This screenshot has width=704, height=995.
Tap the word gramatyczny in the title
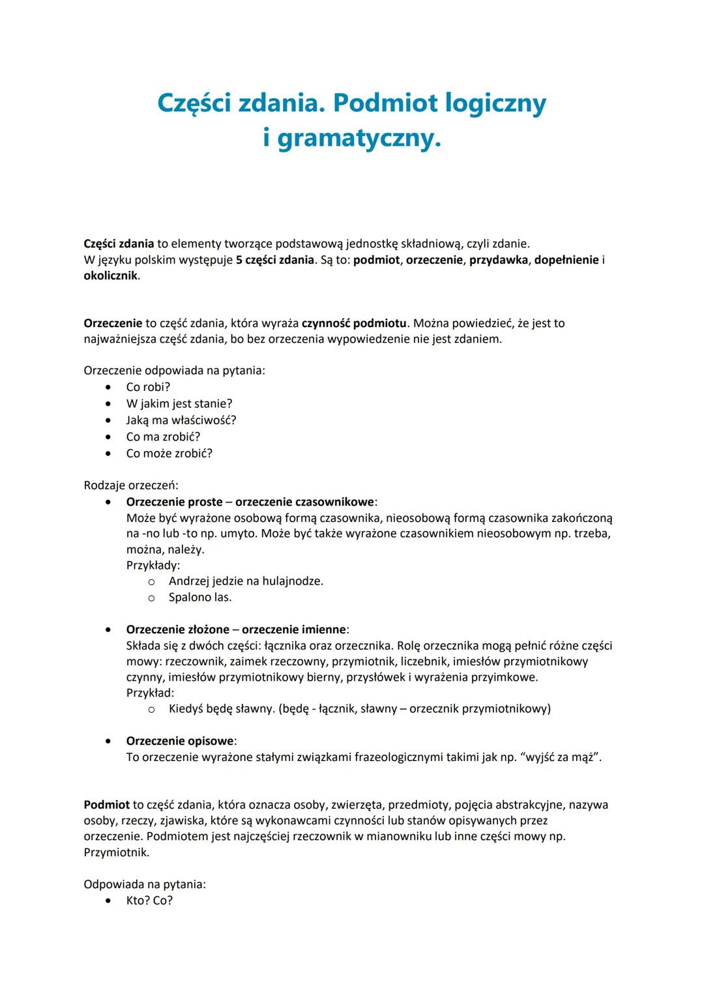pyautogui.click(x=359, y=139)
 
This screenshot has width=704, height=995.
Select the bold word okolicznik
pyautogui.click(x=111, y=276)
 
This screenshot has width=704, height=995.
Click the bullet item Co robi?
pyautogui.click(x=148, y=387)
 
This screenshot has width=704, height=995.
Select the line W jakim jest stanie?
pyautogui.click(x=179, y=403)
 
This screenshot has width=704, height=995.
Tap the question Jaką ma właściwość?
pyautogui.click(x=181, y=420)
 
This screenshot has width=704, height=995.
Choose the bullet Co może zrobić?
pyautogui.click(x=169, y=454)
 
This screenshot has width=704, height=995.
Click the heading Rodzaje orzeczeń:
pyautogui.click(x=130, y=485)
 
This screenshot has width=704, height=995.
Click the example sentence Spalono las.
pyautogui.click(x=200, y=598)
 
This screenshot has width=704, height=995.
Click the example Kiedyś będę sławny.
pyautogui.click(x=222, y=709)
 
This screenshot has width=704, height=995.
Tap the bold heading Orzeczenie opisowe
pyautogui.click(x=181, y=742)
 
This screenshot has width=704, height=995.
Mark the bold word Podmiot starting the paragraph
pyautogui.click(x=106, y=805)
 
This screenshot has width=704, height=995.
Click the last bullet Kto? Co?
pyautogui.click(x=149, y=901)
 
